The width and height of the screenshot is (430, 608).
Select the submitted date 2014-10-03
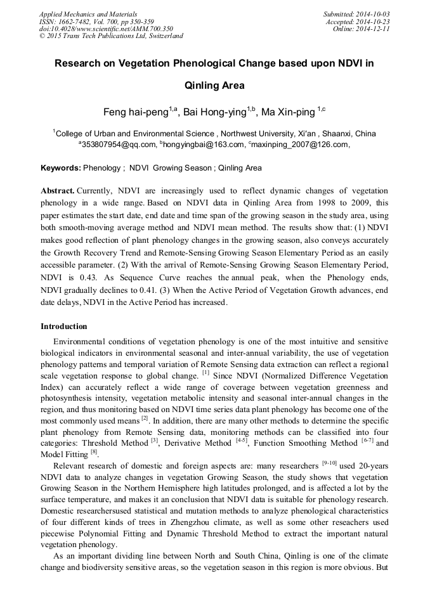point(371,13)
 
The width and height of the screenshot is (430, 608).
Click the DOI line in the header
point(105,29)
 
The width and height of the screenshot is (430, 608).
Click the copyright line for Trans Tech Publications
point(111,36)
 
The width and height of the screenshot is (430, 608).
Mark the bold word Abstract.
point(58,191)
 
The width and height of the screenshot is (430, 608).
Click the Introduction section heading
point(64,327)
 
